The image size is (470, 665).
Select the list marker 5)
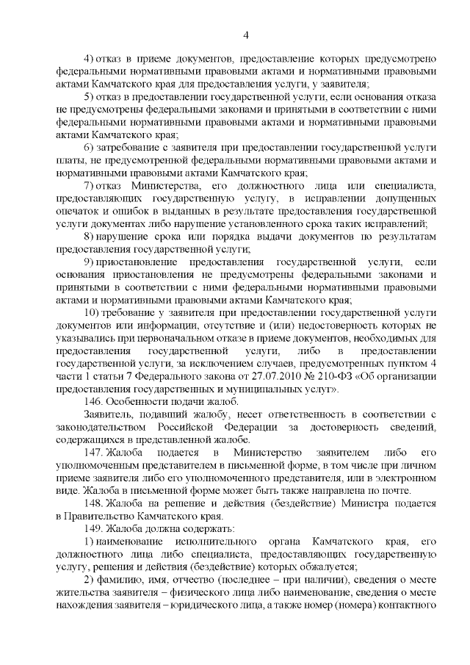[x=88, y=97]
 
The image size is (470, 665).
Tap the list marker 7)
[x=88, y=186]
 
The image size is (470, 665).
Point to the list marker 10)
[x=91, y=326]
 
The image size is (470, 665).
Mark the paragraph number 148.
[x=94, y=503]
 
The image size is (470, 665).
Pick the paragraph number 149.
[x=94, y=528]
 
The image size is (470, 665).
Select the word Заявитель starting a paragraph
[x=108, y=414]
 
